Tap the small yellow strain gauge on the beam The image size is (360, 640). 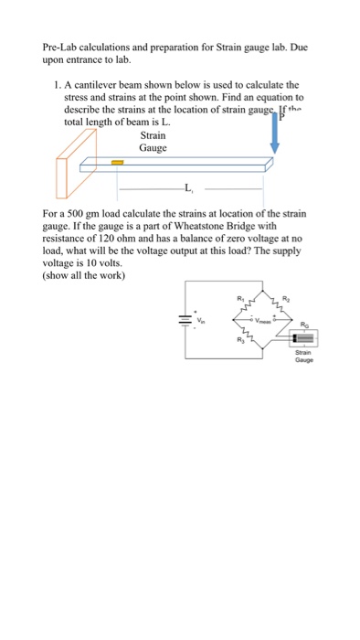(117, 164)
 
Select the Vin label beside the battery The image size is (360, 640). (202, 321)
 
